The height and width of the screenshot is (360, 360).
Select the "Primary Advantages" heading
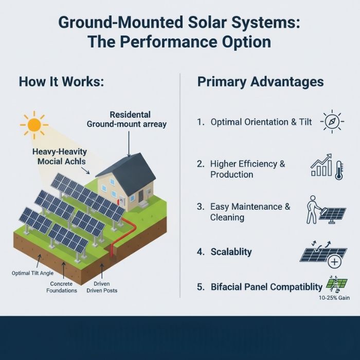[260, 81]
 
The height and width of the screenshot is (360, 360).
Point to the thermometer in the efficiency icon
[338, 170]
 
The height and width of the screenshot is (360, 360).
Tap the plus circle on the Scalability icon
[335, 262]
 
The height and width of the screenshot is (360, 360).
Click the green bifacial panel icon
[337, 284]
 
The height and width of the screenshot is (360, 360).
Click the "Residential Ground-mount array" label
[127, 119]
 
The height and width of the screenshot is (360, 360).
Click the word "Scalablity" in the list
[231, 251]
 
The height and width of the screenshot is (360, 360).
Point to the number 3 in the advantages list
[200, 207]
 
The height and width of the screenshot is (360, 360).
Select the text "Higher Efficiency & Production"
[247, 169]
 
